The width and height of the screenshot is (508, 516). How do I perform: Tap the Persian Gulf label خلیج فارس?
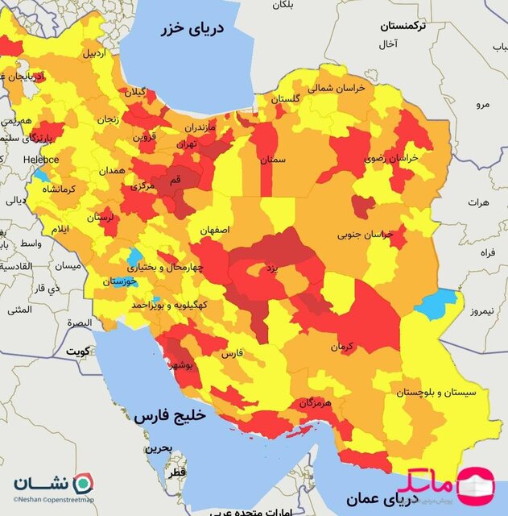[x=170, y=417]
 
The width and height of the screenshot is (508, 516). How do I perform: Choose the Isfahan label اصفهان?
[x=216, y=230]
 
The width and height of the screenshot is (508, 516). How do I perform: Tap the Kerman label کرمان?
[x=341, y=347]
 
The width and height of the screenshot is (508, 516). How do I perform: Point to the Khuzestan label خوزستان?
[x=120, y=282]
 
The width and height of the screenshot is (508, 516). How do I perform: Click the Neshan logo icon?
[x=83, y=485]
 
